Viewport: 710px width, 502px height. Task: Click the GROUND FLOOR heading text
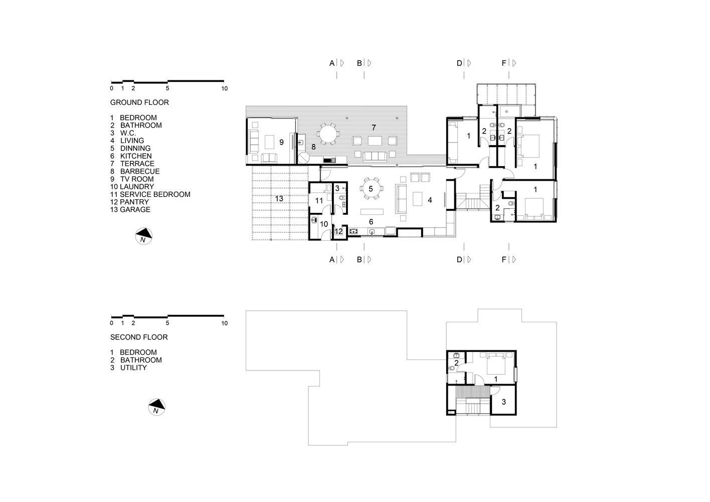pos(139,102)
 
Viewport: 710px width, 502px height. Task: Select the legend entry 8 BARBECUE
pos(135,171)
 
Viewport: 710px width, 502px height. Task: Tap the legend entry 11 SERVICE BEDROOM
pos(150,194)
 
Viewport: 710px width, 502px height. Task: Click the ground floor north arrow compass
pos(144,235)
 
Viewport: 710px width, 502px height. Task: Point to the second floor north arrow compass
pos(157,407)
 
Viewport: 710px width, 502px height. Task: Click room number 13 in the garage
pos(279,199)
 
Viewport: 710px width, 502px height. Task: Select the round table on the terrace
pos(329,134)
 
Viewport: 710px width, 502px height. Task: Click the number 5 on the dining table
pos(371,189)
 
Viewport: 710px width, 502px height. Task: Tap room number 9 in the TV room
pos(281,143)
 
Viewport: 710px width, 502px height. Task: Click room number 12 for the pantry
pos(338,231)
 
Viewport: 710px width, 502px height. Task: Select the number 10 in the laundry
pos(324,224)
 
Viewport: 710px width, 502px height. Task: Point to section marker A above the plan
pos(331,63)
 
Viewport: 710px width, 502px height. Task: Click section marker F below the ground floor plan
pos(504,260)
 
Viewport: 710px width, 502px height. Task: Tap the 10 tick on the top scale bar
pos(224,88)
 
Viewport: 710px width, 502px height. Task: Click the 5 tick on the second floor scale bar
pos(167,323)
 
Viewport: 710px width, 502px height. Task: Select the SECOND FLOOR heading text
pos(139,337)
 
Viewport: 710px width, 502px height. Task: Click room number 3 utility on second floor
pos(504,402)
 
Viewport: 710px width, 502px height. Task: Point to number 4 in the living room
pos(430,200)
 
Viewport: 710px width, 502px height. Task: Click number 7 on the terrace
pos(374,126)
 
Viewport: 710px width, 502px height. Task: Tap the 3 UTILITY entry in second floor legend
pos(129,367)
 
